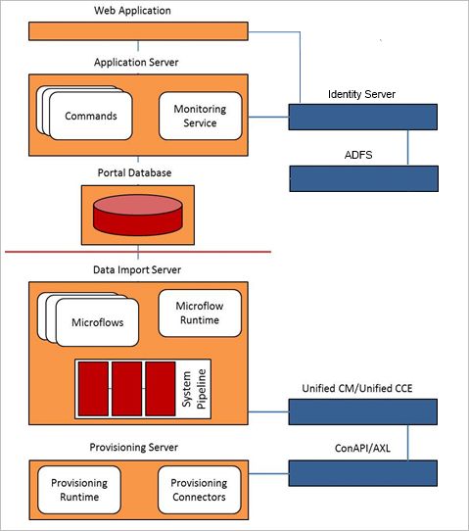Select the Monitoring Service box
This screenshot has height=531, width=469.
click(x=201, y=116)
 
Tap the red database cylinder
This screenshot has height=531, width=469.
click(x=138, y=215)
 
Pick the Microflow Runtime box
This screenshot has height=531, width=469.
click(x=200, y=313)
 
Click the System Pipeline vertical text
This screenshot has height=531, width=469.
click(x=194, y=389)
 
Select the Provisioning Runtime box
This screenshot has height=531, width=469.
click(x=79, y=490)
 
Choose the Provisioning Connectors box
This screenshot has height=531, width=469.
click(x=200, y=490)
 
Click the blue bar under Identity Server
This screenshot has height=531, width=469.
click(x=362, y=117)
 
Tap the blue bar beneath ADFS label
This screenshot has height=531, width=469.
click(x=364, y=178)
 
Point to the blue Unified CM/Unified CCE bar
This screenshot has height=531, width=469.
click(x=362, y=411)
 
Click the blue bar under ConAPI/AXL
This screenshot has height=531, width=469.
click(x=362, y=473)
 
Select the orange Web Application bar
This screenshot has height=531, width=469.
click(x=138, y=31)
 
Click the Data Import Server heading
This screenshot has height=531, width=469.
click(x=137, y=269)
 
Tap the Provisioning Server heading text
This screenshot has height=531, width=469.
click(x=134, y=448)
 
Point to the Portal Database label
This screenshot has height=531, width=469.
click(x=134, y=172)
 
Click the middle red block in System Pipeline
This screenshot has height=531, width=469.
click(x=127, y=389)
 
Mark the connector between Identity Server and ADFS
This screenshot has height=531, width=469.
click(x=407, y=148)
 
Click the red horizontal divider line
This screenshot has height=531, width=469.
click(x=138, y=252)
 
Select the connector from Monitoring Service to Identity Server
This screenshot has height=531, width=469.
click(x=268, y=118)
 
